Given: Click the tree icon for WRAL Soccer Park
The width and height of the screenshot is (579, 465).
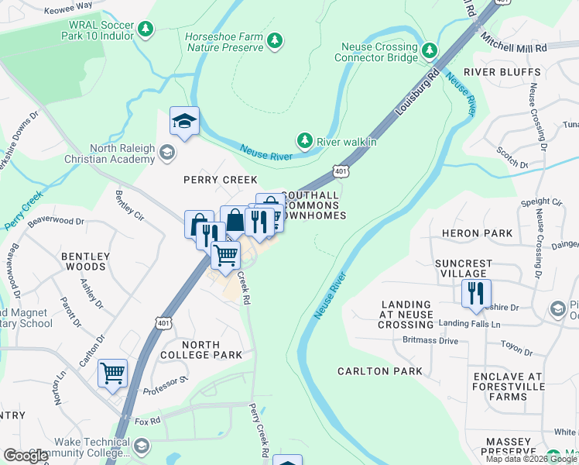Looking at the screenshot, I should pyautogui.click(x=146, y=29).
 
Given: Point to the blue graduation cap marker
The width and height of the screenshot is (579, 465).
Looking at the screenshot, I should pyautogui.click(x=184, y=122).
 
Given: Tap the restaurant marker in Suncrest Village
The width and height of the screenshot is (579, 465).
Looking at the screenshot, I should pyautogui.click(x=475, y=294).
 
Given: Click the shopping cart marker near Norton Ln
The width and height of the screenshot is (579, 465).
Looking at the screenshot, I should pyautogui.click(x=112, y=374).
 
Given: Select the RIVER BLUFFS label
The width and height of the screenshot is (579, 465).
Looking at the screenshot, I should pyautogui.click(x=502, y=72).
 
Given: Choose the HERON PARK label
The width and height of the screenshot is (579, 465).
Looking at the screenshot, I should pyautogui.click(x=477, y=233).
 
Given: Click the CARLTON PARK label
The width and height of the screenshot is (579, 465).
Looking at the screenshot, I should pyautogui.click(x=380, y=371).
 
